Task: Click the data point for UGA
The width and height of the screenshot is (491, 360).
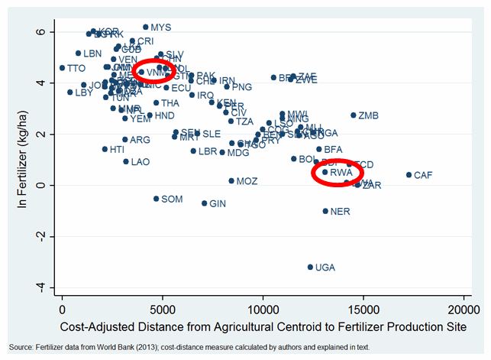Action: click(311, 267)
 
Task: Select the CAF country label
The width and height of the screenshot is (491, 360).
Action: click(423, 176)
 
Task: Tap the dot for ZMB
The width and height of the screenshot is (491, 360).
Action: click(354, 115)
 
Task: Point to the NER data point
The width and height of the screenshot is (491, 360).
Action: click(325, 211)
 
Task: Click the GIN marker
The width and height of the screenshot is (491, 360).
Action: click(204, 203)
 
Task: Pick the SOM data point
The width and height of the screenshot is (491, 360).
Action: click(156, 199)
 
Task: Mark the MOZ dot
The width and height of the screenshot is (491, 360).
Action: click(231, 181)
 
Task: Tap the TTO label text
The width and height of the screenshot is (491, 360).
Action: click(76, 69)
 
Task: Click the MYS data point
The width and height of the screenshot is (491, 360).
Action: click(145, 27)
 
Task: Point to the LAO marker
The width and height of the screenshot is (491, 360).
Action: click(126, 161)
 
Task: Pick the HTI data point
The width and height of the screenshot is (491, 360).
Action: click(105, 149)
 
